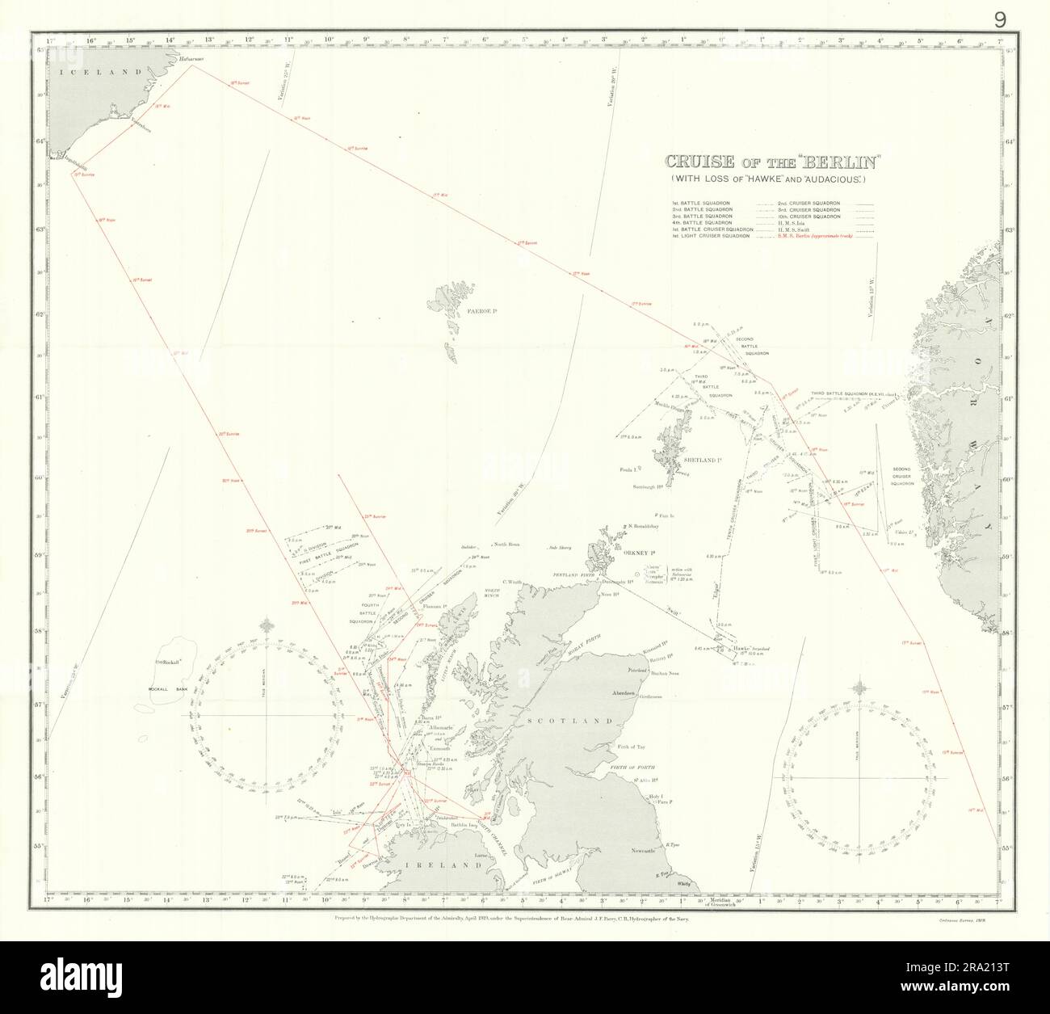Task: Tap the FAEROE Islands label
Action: [461, 310]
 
